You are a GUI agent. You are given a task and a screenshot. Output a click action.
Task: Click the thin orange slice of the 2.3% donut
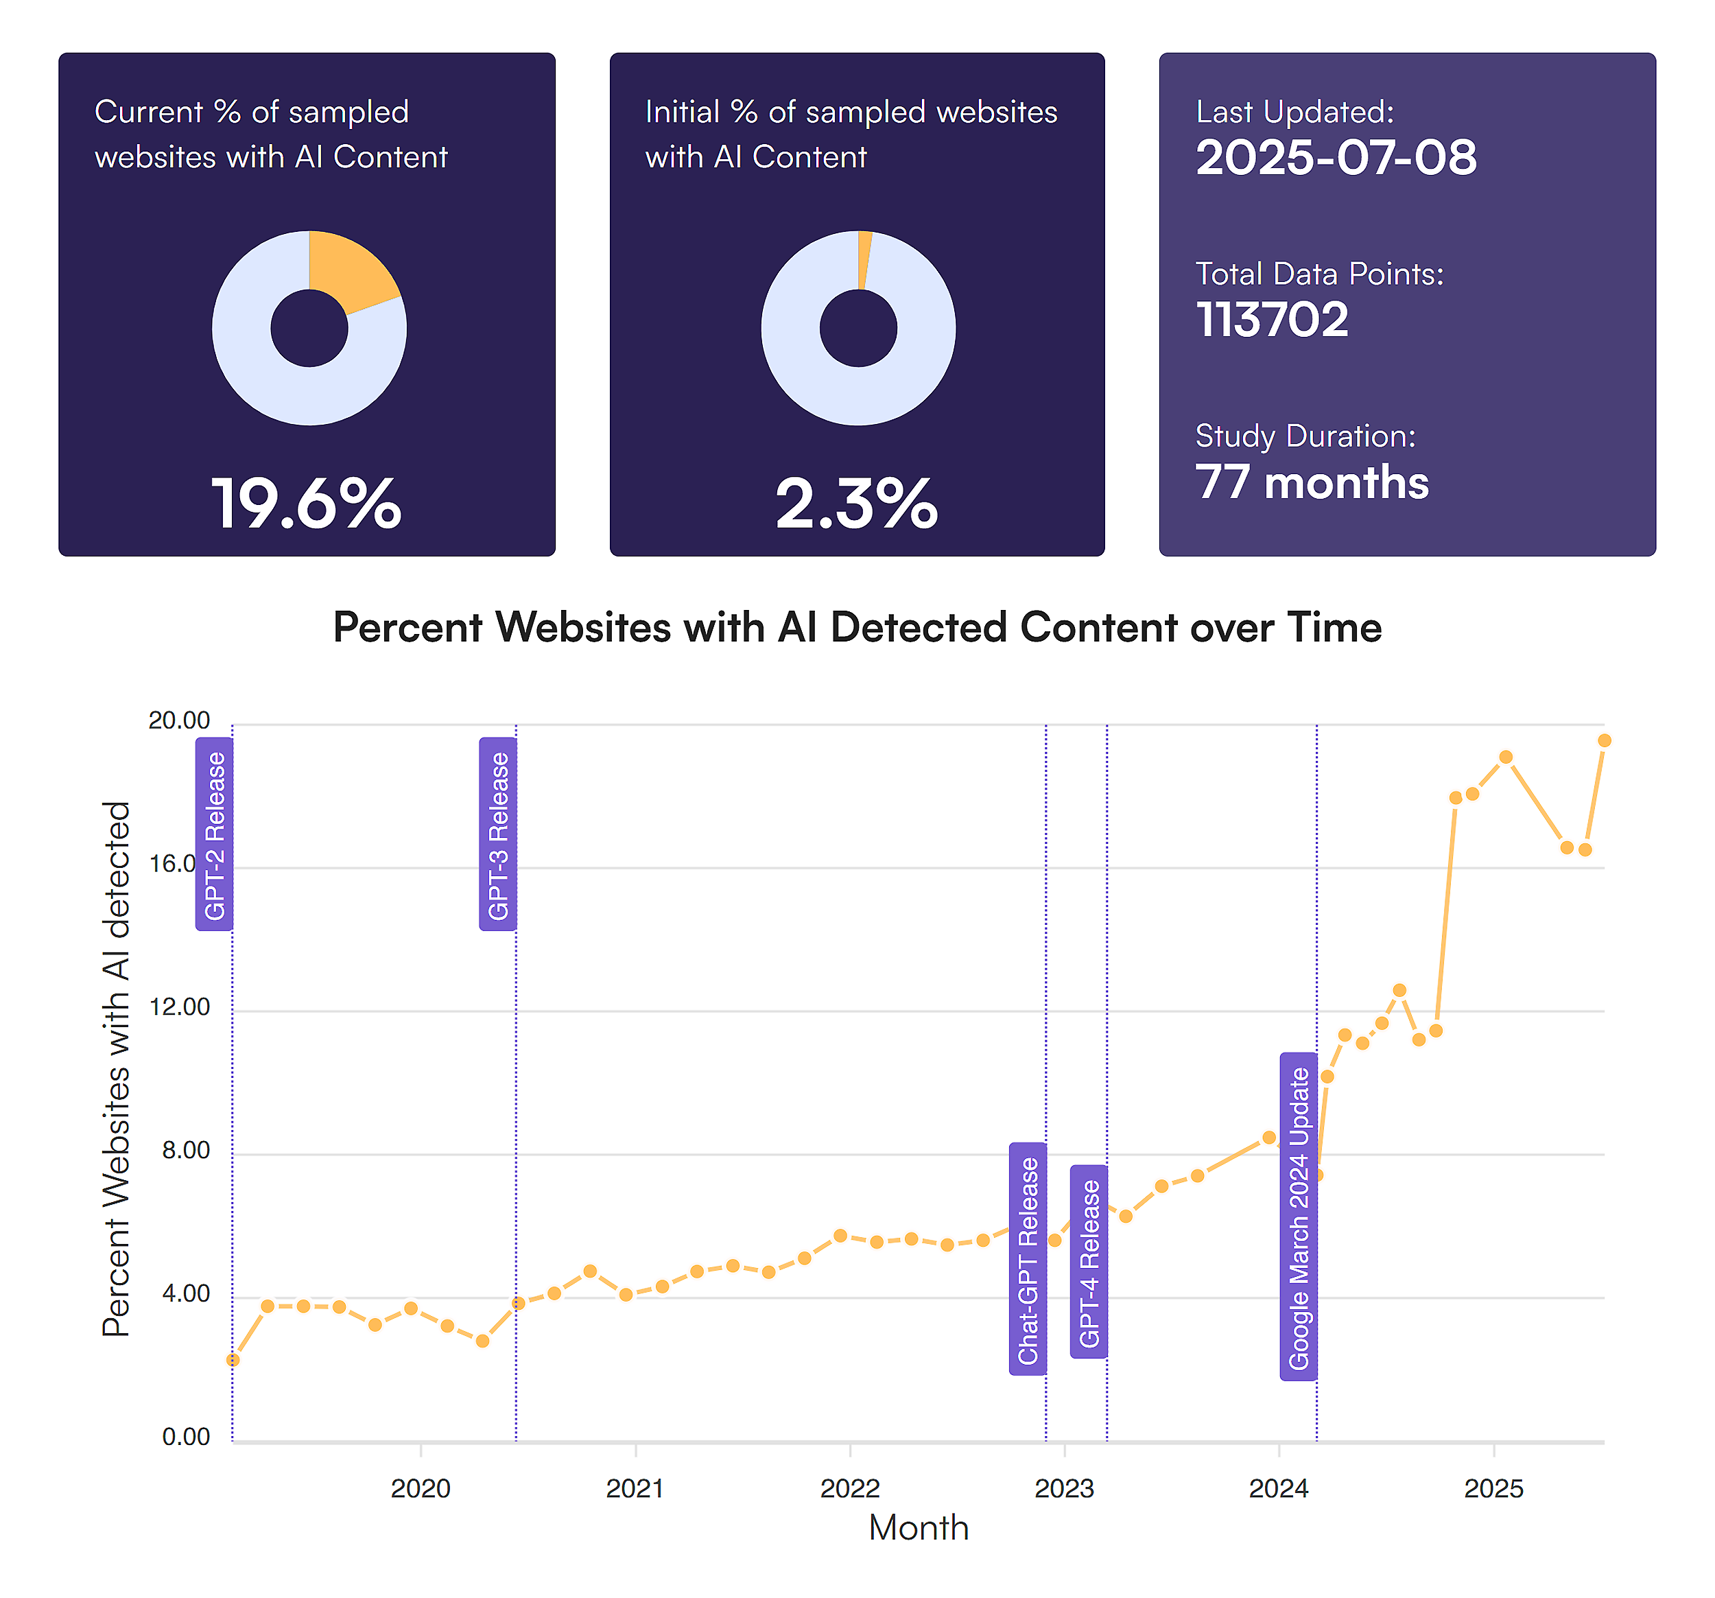pos(864,259)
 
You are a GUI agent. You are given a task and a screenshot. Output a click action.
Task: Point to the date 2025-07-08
pos(1336,158)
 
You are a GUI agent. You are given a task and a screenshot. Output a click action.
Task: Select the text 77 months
pos(1311,482)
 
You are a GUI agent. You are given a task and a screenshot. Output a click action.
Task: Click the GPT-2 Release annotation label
pos(214,834)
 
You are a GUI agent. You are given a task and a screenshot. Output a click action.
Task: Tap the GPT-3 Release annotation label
pos(498,834)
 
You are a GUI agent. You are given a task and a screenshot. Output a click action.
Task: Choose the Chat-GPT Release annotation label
pos(1028,1259)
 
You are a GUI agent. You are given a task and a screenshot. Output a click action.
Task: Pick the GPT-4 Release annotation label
pos(1089,1262)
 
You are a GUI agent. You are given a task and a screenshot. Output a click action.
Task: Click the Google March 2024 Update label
pos(1299,1217)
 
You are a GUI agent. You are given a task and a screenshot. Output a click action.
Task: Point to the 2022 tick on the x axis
pos(850,1488)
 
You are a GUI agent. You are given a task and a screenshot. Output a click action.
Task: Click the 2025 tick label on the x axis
pos(1493,1488)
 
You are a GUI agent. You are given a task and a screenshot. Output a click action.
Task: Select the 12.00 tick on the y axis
pos(180,1007)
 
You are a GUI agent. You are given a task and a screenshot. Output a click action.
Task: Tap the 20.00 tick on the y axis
pos(180,720)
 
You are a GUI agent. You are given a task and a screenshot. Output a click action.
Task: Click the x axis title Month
pos(919,1528)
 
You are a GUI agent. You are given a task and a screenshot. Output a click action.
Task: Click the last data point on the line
pos(1604,740)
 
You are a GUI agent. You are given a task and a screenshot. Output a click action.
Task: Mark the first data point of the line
pos(233,1360)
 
